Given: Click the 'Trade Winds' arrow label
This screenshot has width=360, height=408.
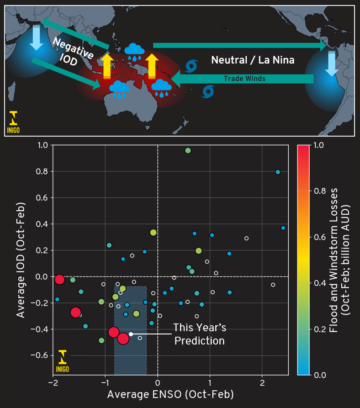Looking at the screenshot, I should point(244,79).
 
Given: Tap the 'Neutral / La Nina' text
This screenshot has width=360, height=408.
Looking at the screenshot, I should point(253,60).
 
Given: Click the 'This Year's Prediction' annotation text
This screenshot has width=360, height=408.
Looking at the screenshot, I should point(199,334).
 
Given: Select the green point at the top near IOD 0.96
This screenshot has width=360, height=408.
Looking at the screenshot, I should point(187,151).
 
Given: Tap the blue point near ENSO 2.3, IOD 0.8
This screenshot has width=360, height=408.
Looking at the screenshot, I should point(278,172).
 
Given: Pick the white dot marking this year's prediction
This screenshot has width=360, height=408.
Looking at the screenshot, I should point(131,334).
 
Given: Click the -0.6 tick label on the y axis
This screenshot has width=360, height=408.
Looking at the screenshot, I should point(40,355).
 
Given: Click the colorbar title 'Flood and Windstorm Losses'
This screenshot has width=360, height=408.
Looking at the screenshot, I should point(336,260).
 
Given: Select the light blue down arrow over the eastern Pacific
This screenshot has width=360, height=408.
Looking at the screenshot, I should point(330,63).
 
